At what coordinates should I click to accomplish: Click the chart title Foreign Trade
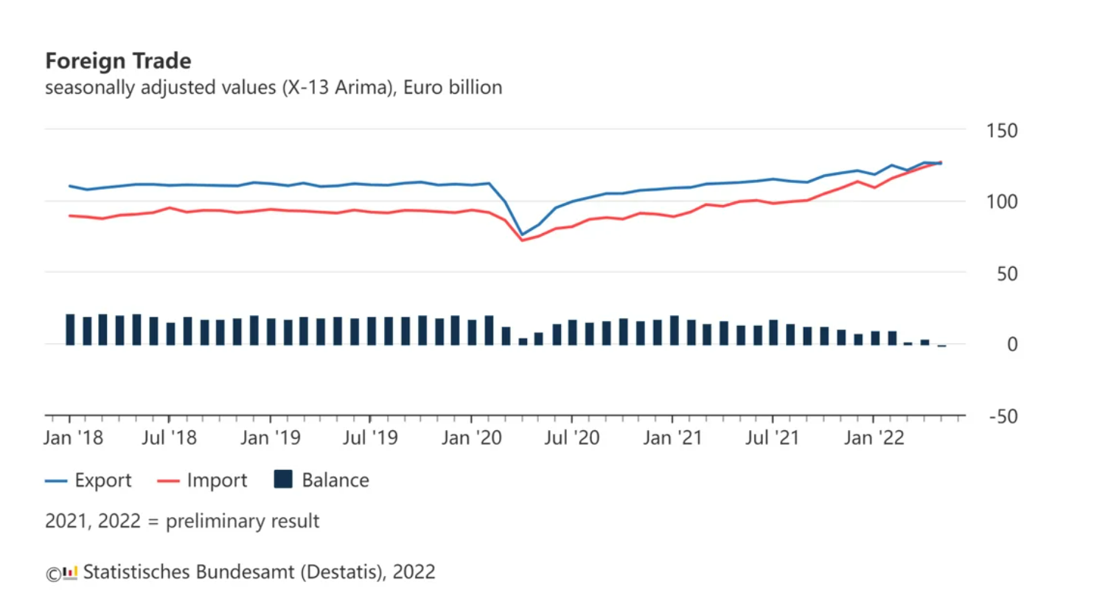pos(118,60)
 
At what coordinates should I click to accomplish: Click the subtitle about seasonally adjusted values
pos(274,88)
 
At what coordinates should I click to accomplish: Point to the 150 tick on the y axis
pos(1001,131)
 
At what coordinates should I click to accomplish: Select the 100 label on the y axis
pos(1001,202)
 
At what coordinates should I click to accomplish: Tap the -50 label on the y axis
pos(1003,417)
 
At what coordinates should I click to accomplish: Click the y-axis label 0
pos(1011,345)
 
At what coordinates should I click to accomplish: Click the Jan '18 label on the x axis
pos(73,438)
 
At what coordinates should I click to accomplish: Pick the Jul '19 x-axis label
pos(370,438)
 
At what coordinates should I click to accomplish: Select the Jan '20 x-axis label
pos(471,438)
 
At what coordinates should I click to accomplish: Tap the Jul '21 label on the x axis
pos(772,438)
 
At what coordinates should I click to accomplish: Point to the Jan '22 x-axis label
pos(874,438)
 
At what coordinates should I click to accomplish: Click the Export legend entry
pos(102,481)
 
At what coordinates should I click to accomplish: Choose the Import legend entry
pos(217,481)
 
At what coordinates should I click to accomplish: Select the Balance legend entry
pos(335,481)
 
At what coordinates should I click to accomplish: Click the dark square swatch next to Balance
pos(283,480)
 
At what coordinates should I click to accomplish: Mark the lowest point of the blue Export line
pos(523,235)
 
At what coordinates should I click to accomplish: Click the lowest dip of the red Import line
pos(523,241)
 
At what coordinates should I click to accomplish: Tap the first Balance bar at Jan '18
pos(70,330)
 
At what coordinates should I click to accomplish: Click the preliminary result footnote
pos(182,522)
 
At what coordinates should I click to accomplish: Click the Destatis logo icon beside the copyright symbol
pos(70,572)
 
